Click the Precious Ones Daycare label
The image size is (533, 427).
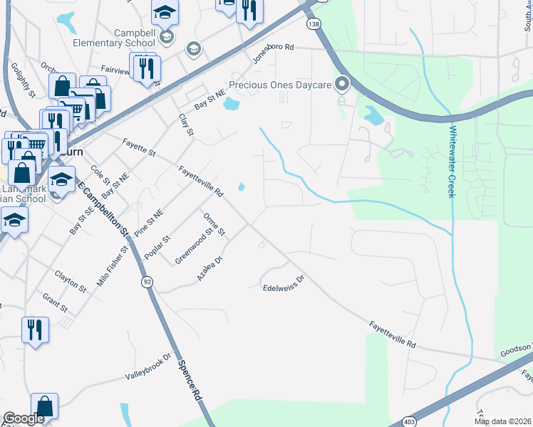click(x=280, y=85)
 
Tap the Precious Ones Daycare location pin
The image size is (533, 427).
click(x=342, y=85)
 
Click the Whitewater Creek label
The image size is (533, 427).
click(x=452, y=162)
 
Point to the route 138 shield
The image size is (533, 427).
click(x=313, y=24)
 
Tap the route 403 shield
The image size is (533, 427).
click(x=409, y=421)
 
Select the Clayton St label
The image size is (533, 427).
click(x=70, y=280)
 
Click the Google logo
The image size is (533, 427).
click(x=24, y=418)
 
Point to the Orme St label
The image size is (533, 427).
click(x=214, y=224)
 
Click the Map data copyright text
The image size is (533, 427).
click(x=502, y=421)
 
